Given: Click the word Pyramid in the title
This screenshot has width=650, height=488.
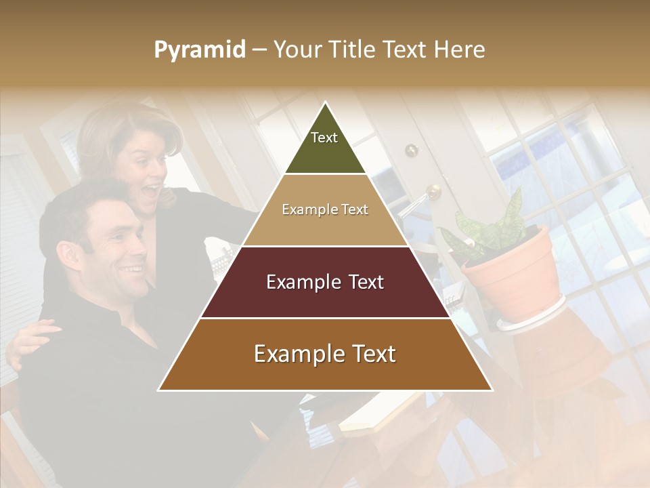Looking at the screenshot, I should click(x=200, y=50).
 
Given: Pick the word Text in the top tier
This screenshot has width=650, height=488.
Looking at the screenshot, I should click(x=324, y=138).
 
